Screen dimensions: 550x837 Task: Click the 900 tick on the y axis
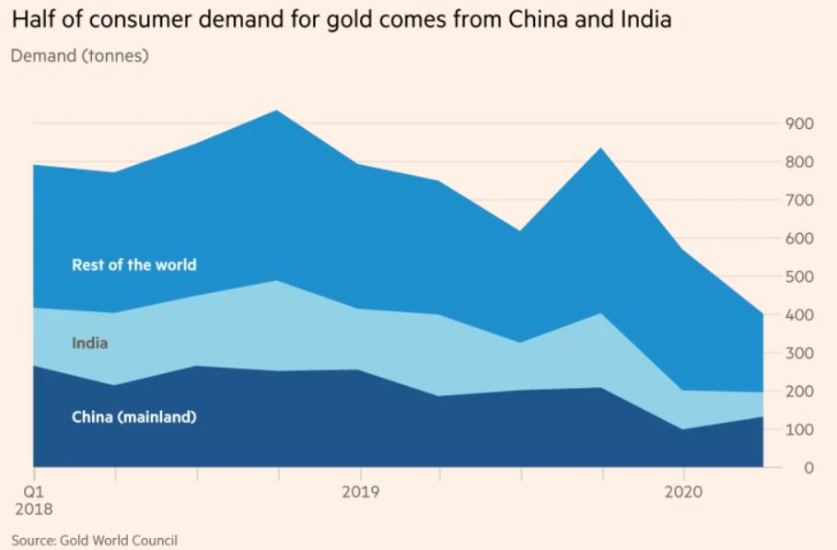798,123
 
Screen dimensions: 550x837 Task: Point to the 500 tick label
798,276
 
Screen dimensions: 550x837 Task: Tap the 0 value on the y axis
808,468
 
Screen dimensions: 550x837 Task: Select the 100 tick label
798,429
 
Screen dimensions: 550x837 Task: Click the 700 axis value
798,200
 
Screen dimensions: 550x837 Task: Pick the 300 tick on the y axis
798,353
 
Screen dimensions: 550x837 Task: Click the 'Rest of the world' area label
134,265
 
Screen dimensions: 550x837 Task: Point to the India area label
89,344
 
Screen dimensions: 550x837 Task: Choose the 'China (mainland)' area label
134,417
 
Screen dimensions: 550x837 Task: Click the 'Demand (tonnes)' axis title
79,56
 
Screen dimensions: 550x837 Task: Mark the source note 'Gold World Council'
119,540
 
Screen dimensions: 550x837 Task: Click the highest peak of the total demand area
277,111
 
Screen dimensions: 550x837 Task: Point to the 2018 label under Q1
32,509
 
